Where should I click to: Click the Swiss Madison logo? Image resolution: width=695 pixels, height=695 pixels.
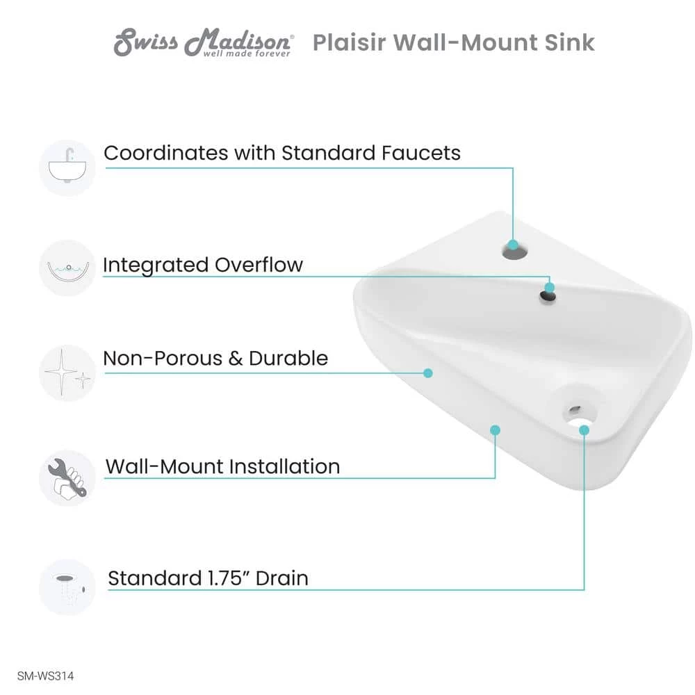point(203,43)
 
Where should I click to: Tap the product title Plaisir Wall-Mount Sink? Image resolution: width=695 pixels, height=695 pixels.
point(453,42)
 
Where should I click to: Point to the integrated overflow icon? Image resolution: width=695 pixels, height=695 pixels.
point(67,268)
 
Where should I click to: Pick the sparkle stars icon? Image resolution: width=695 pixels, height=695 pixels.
point(67,373)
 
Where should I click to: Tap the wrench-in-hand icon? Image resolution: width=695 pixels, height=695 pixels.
point(67,477)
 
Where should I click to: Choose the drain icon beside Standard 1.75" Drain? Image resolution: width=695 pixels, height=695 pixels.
point(67,587)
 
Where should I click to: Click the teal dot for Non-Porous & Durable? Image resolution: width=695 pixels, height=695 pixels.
point(428,373)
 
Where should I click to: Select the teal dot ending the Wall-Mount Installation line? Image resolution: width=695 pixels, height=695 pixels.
point(495,430)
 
